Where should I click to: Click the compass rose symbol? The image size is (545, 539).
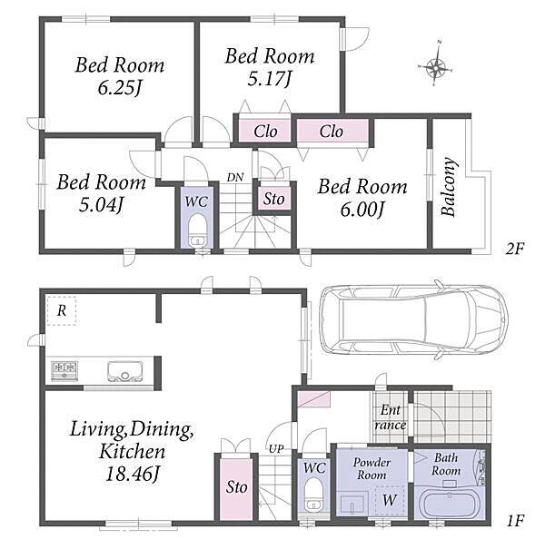[436, 67]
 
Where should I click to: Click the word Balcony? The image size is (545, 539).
[448, 187]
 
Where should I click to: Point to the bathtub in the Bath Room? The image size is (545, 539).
[450, 505]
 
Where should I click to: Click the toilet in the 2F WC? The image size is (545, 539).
[197, 230]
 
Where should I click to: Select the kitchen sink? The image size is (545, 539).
[124, 372]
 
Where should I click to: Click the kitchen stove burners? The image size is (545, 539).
[64, 370]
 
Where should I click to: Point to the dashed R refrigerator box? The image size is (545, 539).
[62, 311]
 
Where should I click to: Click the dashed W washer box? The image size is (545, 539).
[390, 500]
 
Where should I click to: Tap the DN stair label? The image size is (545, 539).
[235, 178]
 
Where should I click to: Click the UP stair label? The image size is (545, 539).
[276, 449]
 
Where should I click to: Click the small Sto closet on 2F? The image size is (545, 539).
[273, 199]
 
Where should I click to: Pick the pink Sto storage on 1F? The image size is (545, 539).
[236, 489]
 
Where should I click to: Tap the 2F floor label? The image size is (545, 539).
[514, 249]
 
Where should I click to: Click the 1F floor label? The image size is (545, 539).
[514, 521]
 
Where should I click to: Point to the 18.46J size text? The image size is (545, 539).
[132, 474]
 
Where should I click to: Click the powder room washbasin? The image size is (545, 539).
[352, 504]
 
